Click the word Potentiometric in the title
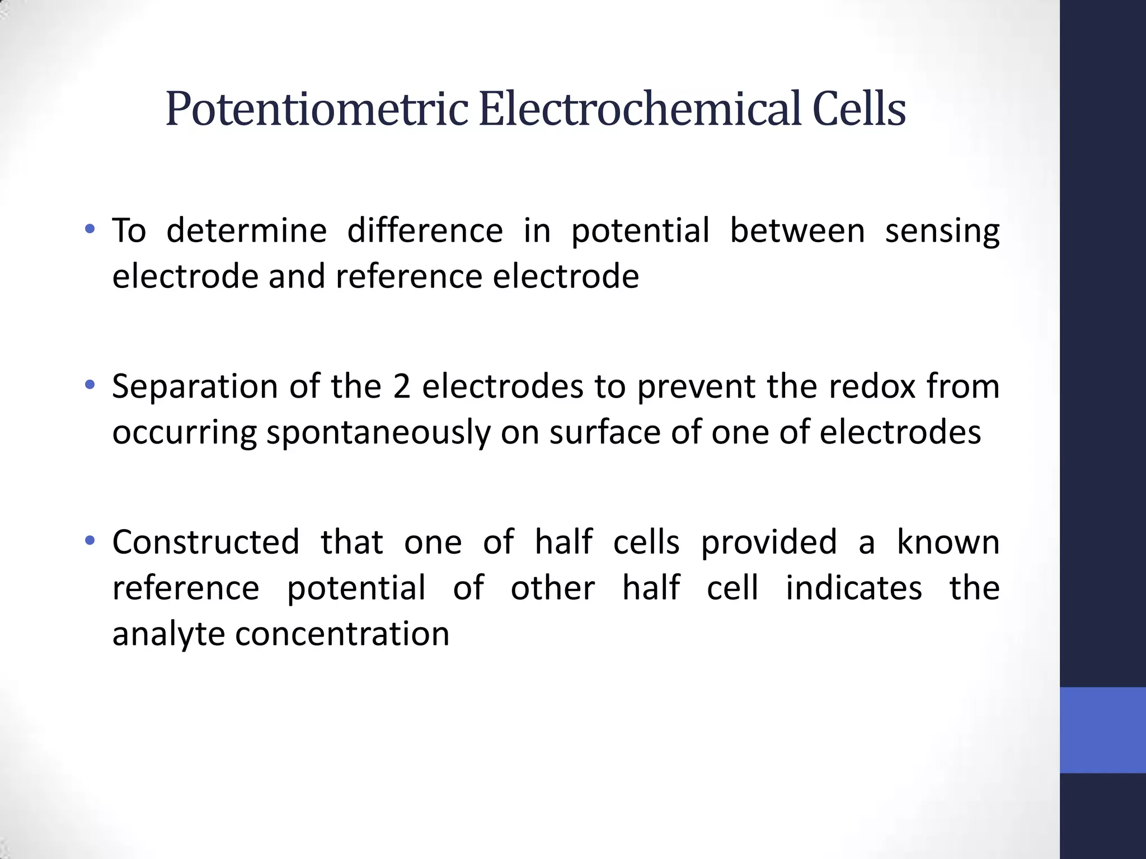316,109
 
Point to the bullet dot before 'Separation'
90,385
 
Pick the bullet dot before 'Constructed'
90,541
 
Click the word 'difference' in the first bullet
425,230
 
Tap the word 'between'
797,230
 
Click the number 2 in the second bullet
401,387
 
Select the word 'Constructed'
206,542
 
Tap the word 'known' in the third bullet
948,542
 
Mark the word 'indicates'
854,589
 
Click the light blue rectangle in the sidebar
1102,730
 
